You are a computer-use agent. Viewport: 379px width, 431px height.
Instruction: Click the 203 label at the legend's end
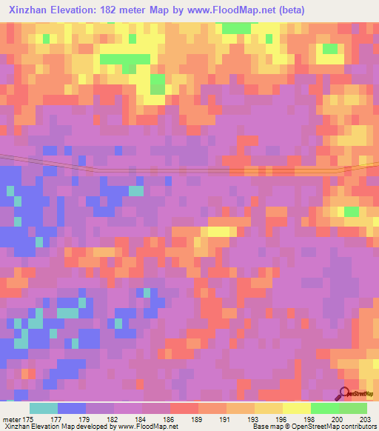coord(363,419)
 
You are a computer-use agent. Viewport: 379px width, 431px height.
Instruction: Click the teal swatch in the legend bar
coord(43,408)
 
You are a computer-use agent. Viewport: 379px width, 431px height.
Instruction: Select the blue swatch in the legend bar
coord(71,408)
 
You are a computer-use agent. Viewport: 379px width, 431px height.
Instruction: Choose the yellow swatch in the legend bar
coord(296,408)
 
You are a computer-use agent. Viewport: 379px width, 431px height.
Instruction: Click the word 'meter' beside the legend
coord(11,419)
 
